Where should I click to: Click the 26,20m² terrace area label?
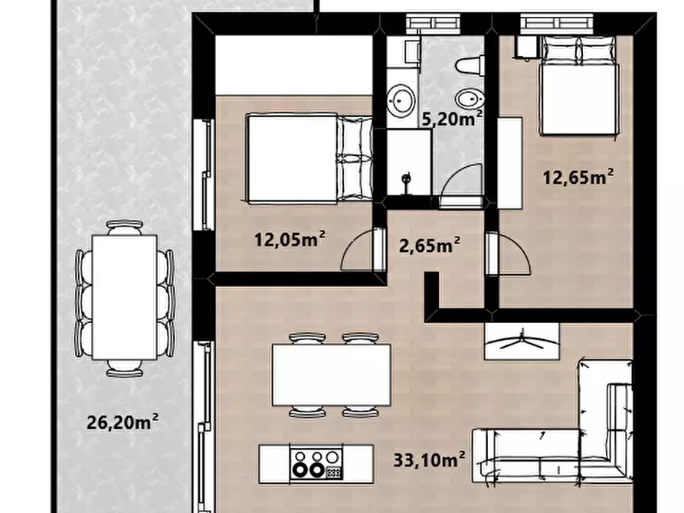(x=123, y=422)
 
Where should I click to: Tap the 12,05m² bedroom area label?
(x=290, y=239)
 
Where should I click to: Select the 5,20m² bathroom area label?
(x=453, y=118)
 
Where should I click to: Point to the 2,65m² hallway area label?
(x=430, y=245)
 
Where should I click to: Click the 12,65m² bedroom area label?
(x=578, y=177)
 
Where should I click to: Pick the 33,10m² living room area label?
(x=429, y=459)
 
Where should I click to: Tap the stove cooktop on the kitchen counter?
(x=316, y=464)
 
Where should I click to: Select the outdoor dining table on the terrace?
(x=124, y=298)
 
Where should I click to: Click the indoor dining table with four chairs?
(x=332, y=375)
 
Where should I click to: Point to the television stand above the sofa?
(x=522, y=341)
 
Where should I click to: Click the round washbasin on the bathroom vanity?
(x=401, y=101)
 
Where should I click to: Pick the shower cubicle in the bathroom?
(x=409, y=162)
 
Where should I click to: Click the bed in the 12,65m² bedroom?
(x=579, y=86)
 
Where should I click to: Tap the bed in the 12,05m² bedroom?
(x=309, y=158)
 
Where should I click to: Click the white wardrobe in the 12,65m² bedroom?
(x=510, y=163)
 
